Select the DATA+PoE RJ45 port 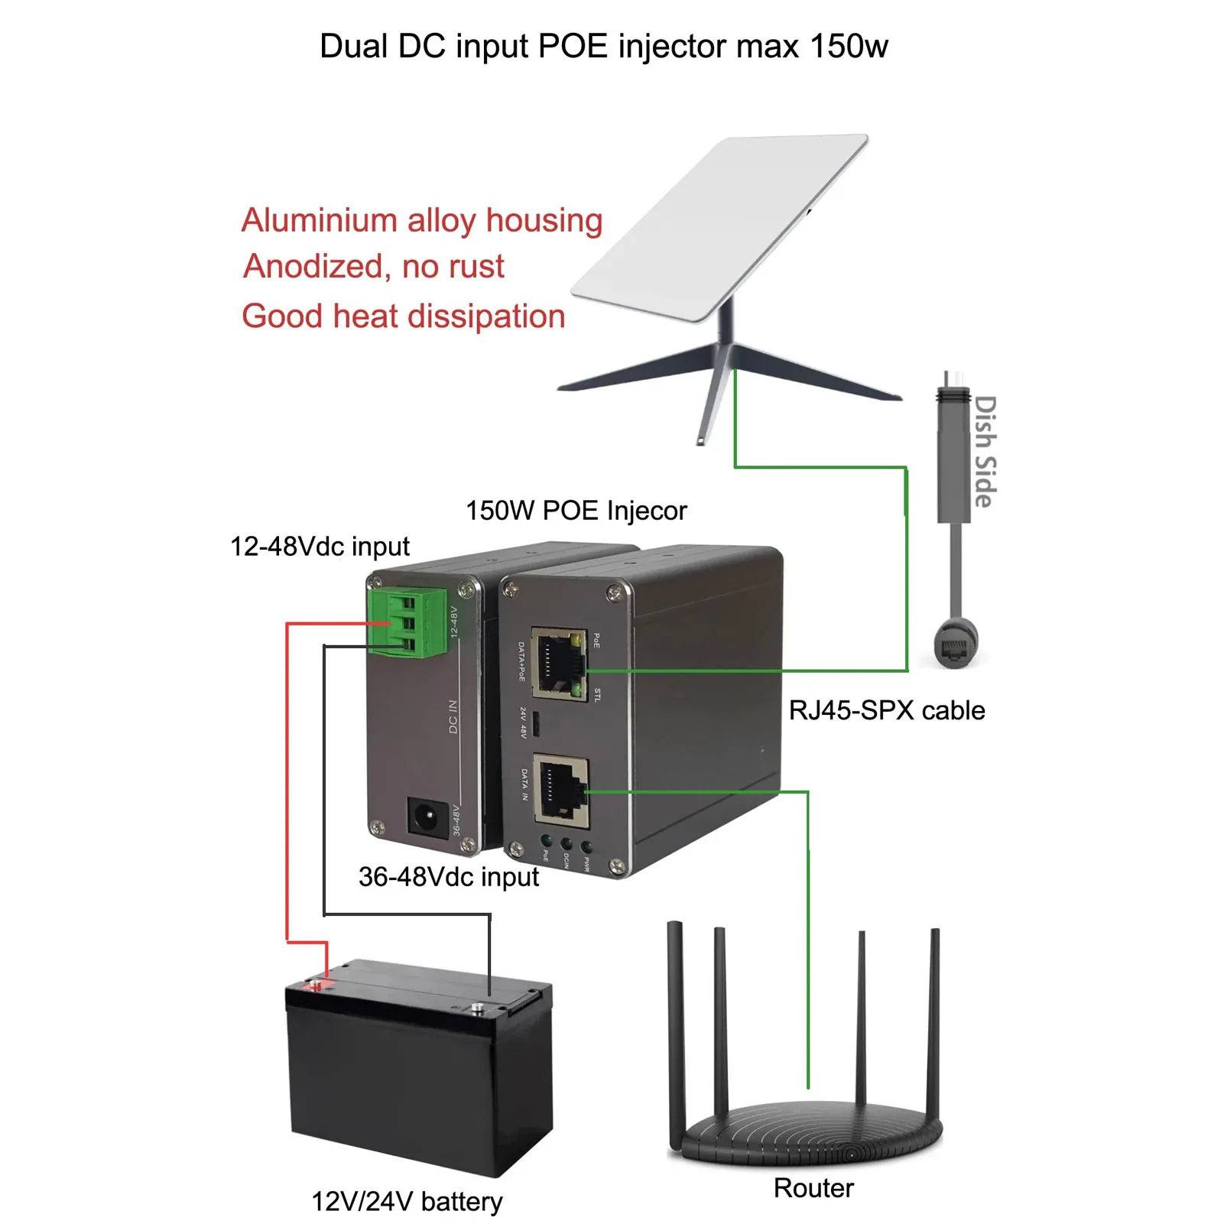558,664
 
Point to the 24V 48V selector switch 537,723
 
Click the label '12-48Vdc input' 320,547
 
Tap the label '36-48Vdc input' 448,877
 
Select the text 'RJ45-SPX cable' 886,710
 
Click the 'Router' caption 813,1188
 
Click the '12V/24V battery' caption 407,1201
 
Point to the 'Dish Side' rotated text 985,451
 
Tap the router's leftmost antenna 675,1024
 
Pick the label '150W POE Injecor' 576,511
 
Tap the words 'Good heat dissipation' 403,317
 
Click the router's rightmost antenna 933,1024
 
